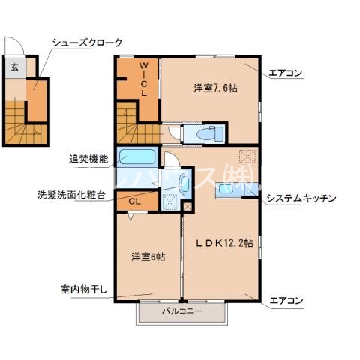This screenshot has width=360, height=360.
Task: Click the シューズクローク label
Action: click(x=87, y=43)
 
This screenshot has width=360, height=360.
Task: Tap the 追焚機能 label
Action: click(x=88, y=159)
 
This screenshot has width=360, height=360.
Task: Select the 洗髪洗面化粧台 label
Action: click(x=71, y=195)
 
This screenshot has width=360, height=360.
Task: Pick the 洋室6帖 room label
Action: click(x=148, y=256)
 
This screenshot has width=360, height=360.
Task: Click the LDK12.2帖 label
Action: click(x=224, y=242)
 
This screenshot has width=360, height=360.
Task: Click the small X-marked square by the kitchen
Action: click(x=187, y=205)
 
